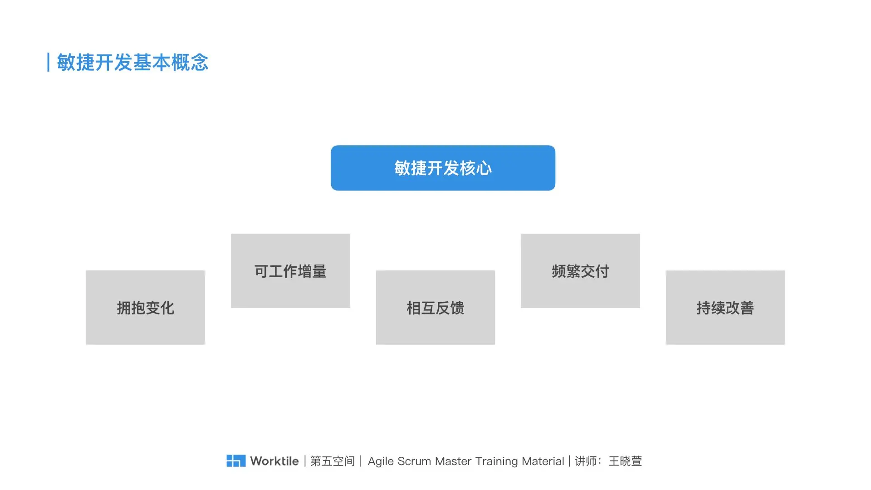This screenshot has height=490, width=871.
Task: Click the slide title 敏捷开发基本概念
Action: (132, 63)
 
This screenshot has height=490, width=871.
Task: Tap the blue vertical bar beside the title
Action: (48, 63)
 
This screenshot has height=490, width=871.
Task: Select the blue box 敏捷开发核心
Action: (443, 168)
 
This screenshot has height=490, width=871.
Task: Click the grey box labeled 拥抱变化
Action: (145, 308)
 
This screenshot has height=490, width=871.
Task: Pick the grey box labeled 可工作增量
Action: (290, 271)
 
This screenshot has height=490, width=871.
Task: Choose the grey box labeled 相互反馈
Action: (435, 308)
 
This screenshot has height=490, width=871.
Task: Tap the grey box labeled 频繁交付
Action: (580, 271)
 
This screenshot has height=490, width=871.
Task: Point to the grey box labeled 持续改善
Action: (725, 308)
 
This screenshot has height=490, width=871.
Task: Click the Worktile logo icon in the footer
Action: (236, 461)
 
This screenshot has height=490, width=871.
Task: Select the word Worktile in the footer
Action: (274, 461)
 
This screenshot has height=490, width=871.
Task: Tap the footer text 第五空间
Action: (333, 461)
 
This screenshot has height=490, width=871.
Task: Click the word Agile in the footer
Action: (380, 461)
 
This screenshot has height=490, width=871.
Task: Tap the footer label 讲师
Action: (586, 461)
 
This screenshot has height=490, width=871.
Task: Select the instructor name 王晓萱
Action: (625, 461)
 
